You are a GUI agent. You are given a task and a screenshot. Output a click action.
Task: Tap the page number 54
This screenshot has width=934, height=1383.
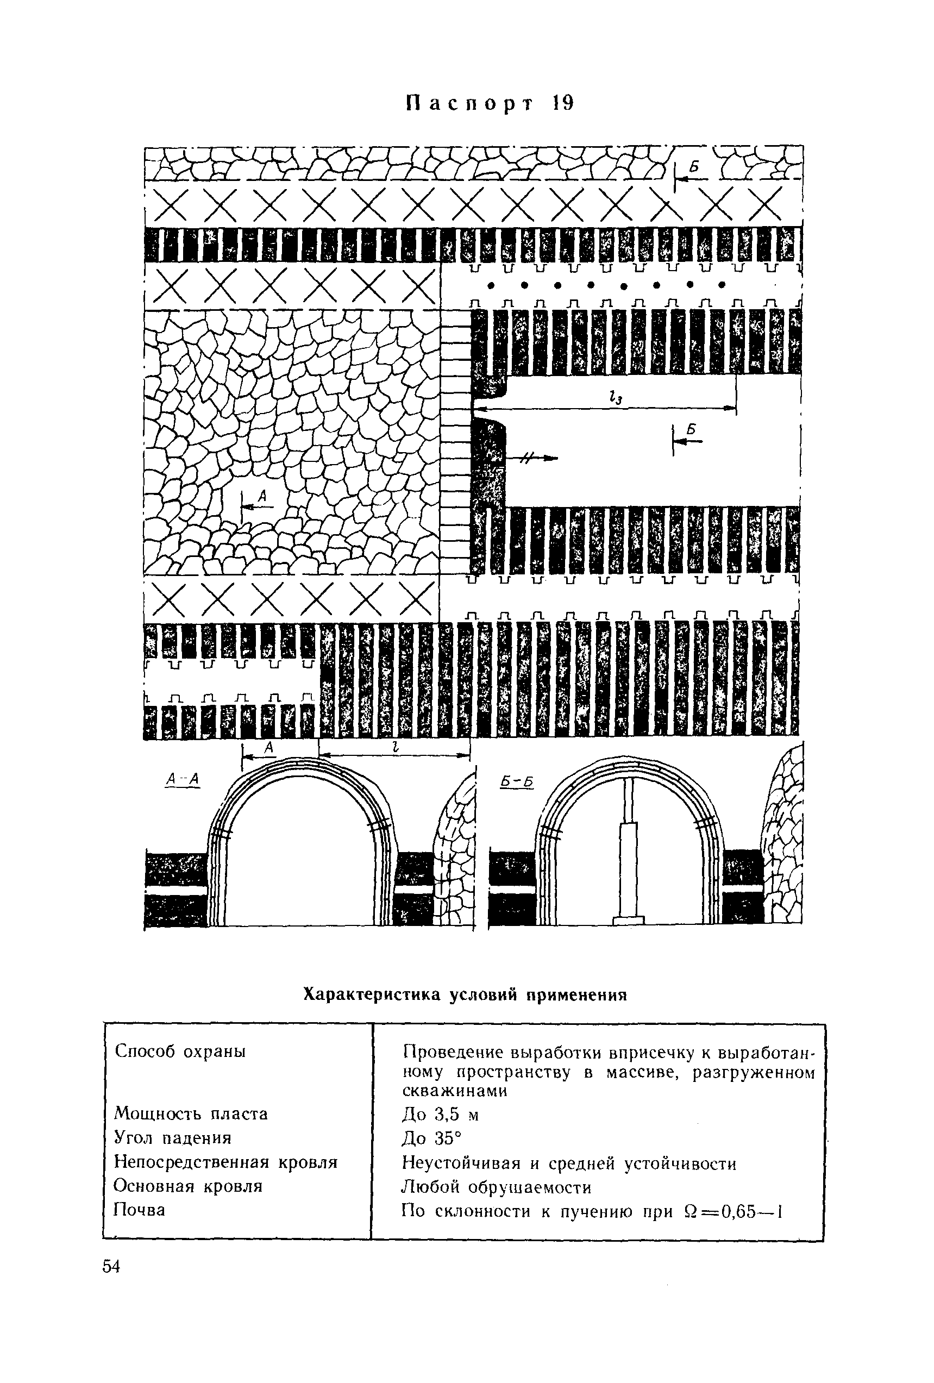111,1267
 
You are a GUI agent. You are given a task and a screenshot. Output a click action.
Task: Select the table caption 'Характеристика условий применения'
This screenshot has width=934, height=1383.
465,994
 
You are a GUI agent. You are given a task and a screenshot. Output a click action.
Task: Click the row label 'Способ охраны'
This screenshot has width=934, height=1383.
180,1052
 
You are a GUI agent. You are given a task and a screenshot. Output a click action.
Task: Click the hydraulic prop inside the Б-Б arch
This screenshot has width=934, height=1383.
629,851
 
